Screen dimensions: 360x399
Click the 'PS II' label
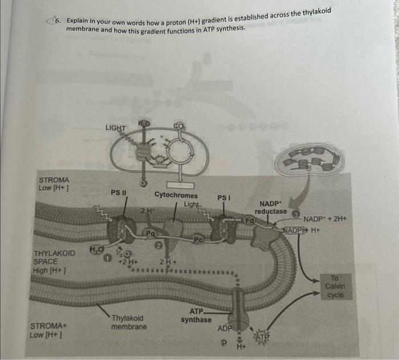[x=119, y=192]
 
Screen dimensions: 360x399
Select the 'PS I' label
[x=223, y=198]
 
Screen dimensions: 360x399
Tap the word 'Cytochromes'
[x=176, y=195]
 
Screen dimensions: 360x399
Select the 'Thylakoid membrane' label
[x=128, y=322]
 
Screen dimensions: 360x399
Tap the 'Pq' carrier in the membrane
[x=150, y=233]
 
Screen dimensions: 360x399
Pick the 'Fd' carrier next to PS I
[x=250, y=220]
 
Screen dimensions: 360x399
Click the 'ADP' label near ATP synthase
[x=225, y=329]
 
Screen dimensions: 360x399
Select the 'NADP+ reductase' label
[x=271, y=208]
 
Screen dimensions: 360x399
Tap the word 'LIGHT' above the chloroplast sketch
[x=116, y=128]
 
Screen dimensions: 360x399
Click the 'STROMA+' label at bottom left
[x=47, y=326]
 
